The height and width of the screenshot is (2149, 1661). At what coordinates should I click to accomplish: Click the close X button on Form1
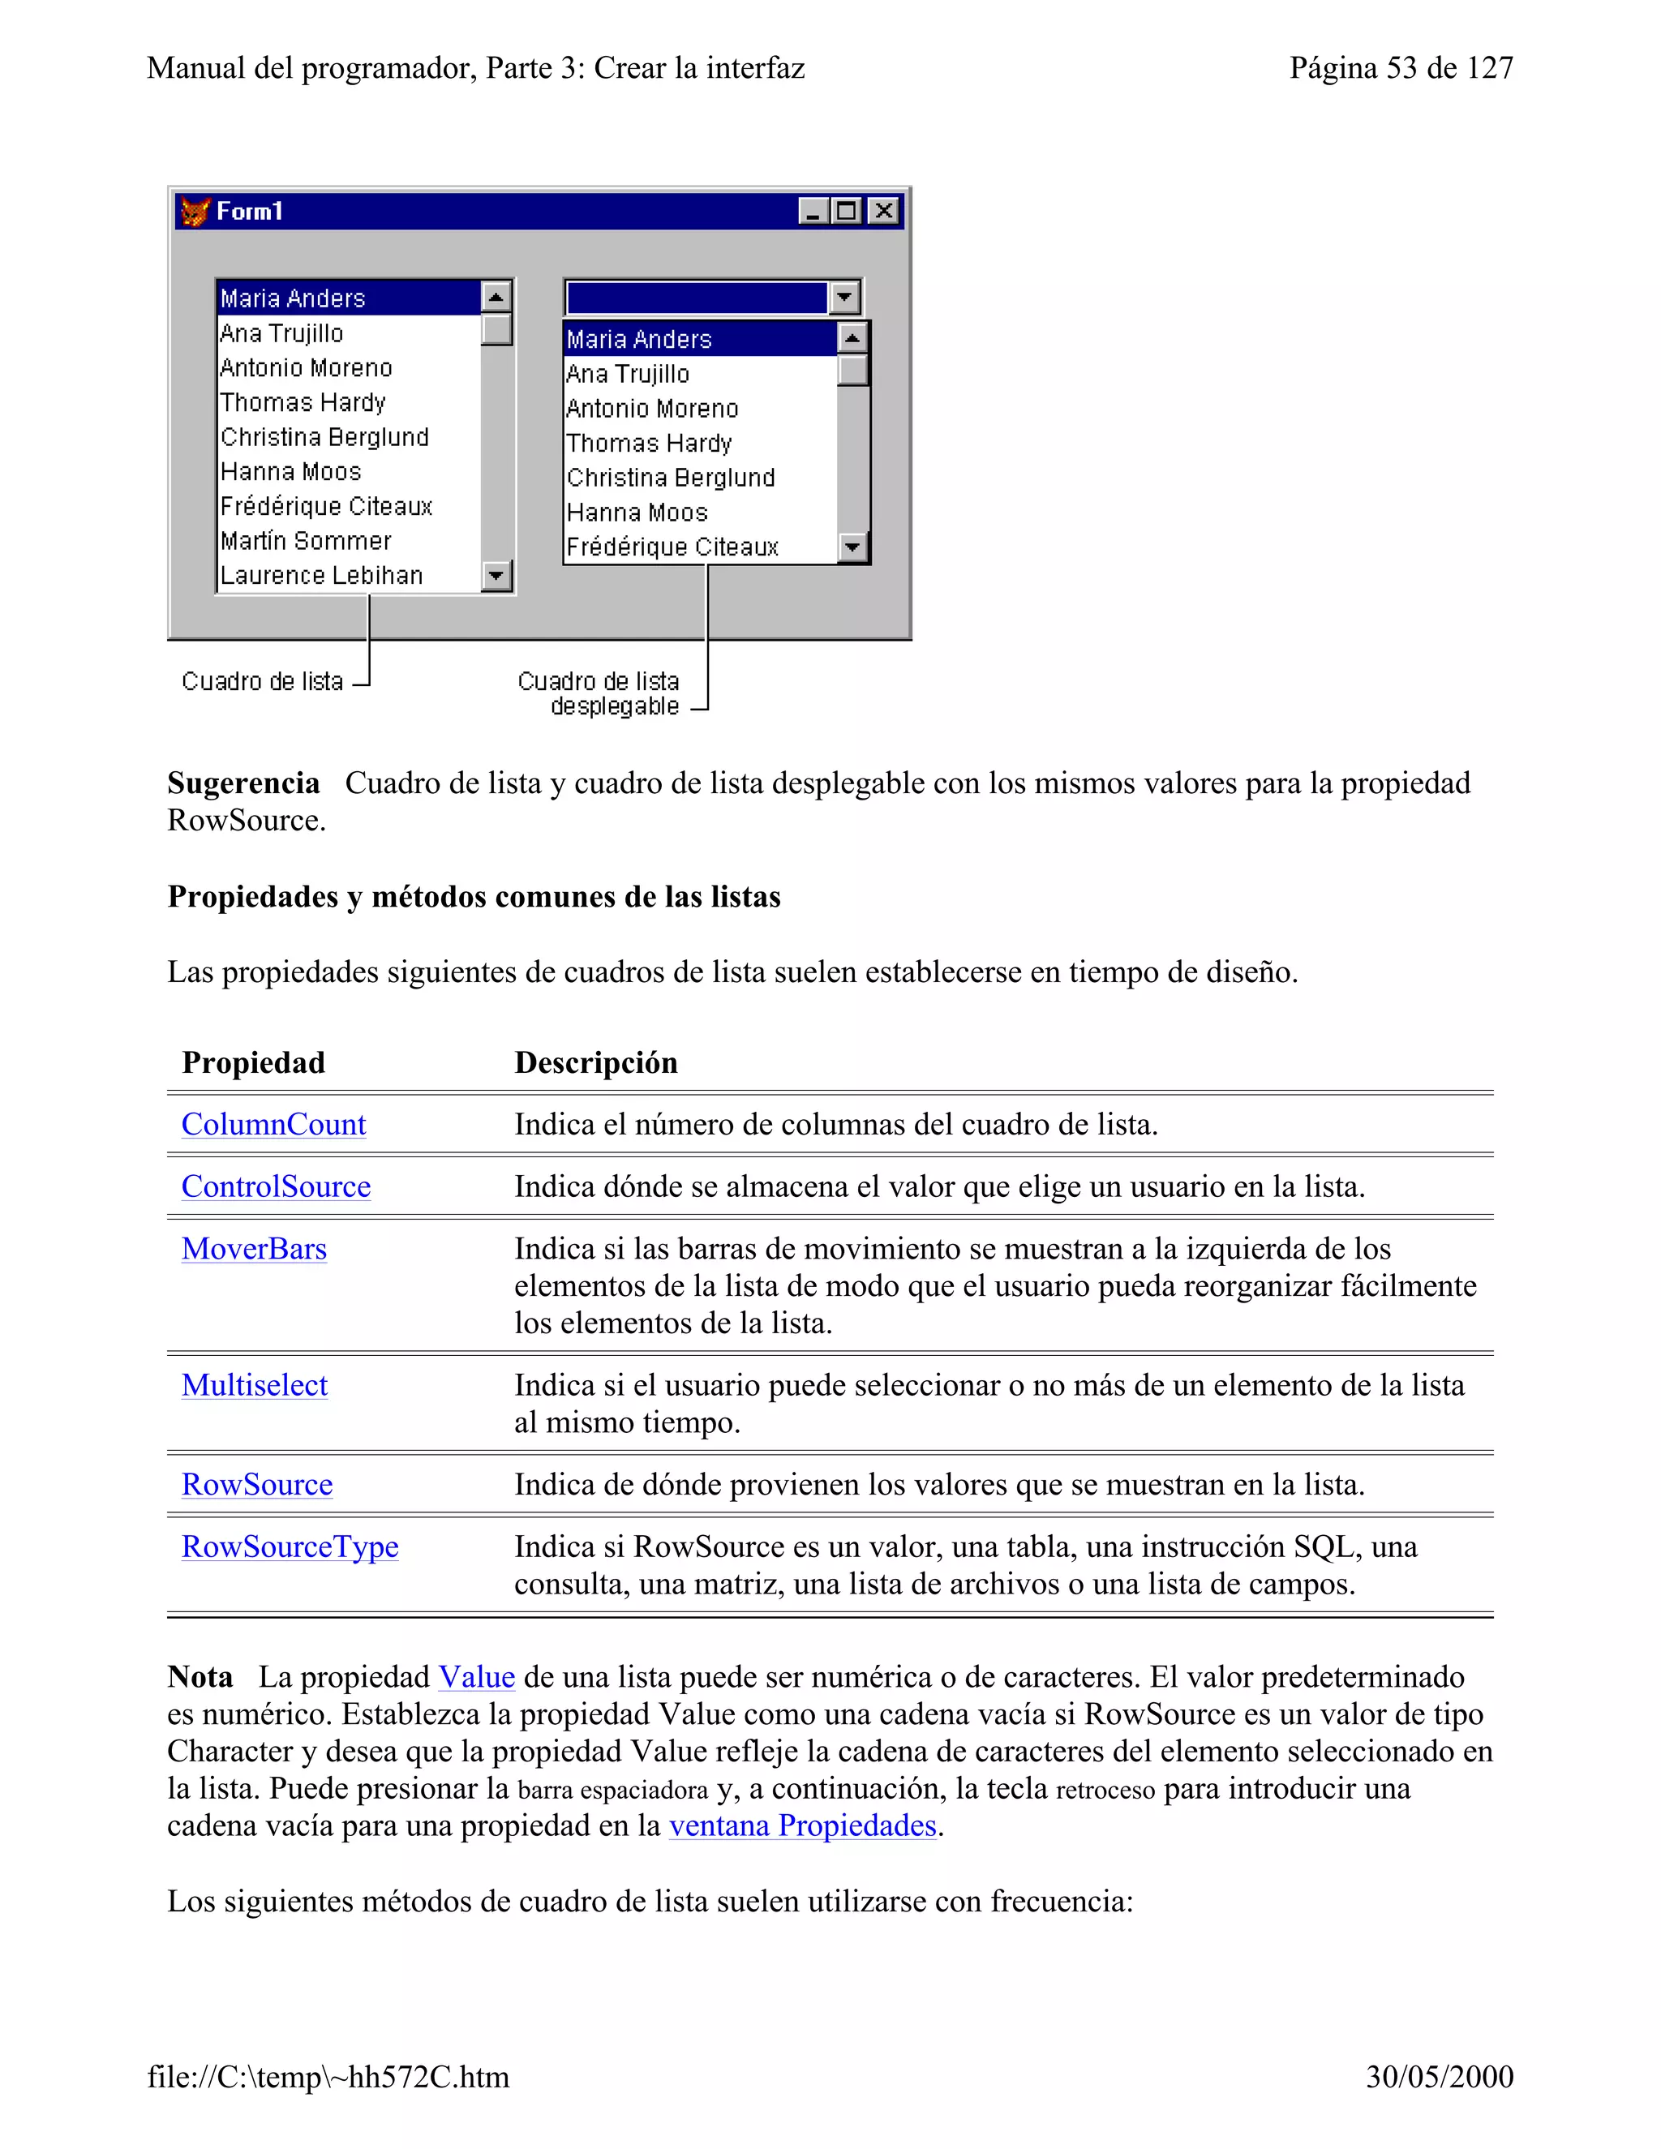885,212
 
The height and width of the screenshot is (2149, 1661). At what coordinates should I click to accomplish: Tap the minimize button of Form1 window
813,212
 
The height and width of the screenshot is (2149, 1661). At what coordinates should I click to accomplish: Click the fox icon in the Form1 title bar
195,212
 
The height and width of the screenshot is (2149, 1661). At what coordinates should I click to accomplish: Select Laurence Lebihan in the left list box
322,576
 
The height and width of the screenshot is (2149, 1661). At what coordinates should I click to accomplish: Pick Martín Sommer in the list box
306,541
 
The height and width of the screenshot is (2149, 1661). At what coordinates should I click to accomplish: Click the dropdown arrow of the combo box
844,297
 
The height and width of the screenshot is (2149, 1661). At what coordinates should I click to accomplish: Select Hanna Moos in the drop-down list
637,513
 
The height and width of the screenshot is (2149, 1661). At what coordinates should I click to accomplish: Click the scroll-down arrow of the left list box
497,576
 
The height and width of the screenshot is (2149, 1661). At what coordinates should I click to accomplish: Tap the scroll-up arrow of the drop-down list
852,338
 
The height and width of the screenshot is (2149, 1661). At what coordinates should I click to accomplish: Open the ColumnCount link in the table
273,1125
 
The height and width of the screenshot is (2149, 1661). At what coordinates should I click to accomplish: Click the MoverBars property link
254,1249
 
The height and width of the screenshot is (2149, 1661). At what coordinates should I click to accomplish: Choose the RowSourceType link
290,1546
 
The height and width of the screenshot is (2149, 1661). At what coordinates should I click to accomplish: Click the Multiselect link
255,1385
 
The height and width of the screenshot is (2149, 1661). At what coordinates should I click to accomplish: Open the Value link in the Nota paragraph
476,1678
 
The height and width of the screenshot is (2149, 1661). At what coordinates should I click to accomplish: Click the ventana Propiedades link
803,1826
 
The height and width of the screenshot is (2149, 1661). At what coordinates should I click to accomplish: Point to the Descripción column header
596,1062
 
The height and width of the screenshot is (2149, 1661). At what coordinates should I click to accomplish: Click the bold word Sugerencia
243,783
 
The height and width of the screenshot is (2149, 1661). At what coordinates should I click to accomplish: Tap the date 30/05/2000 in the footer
1439,2077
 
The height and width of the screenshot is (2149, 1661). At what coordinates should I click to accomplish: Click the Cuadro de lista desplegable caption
599,693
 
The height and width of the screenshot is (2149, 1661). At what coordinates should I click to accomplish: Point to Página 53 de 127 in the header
1401,68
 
